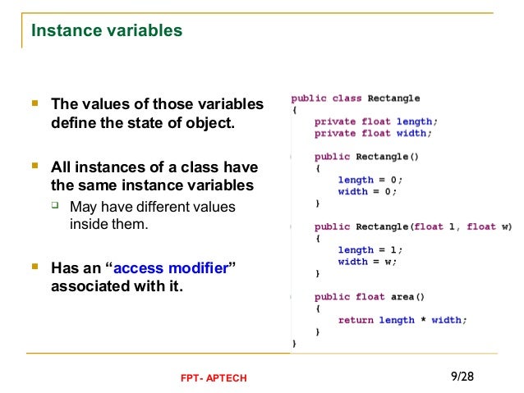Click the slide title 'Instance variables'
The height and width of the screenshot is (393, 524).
click(x=107, y=31)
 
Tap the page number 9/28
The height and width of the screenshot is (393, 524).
click(x=462, y=376)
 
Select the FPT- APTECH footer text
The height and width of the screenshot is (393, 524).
click(x=213, y=377)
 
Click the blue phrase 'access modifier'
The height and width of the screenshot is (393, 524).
click(x=171, y=268)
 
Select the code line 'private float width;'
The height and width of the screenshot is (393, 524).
click(x=372, y=133)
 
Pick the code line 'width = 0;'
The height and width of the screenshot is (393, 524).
click(x=367, y=191)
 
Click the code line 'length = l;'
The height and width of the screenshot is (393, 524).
click(x=370, y=249)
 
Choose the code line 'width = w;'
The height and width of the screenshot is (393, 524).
click(x=367, y=262)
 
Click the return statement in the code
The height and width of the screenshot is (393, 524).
click(x=402, y=320)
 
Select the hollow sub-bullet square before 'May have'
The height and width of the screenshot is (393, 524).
click(x=57, y=206)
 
